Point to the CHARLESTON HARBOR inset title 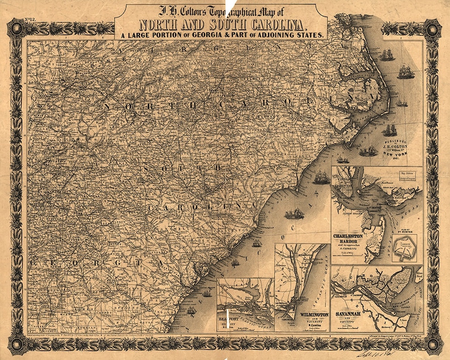[x=352, y=235]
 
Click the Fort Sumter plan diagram [x=405, y=247]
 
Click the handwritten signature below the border [x=397, y=352]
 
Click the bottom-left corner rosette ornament [x=18, y=343]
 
